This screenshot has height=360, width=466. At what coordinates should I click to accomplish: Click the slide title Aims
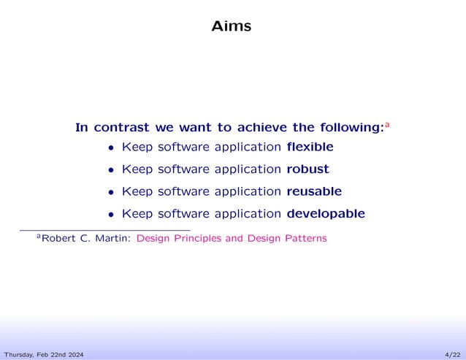(x=231, y=26)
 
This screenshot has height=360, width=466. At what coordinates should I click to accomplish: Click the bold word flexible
(x=310, y=147)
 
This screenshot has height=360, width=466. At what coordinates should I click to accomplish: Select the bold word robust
(x=308, y=169)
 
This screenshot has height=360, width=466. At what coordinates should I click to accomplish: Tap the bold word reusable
(x=314, y=191)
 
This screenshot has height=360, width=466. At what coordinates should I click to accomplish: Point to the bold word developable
(x=326, y=214)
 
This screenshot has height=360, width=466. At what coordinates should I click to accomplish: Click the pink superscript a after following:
(x=387, y=125)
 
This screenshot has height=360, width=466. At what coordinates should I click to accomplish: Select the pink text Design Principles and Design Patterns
(x=232, y=238)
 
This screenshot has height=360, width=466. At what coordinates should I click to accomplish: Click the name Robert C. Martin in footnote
(x=86, y=238)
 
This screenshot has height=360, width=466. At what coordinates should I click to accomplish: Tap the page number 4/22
(x=452, y=354)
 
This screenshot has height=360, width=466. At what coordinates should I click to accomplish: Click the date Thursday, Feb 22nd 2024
(x=42, y=354)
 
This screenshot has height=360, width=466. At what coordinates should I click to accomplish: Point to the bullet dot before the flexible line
(x=111, y=148)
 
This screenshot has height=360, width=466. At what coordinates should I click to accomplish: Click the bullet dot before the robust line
(x=111, y=170)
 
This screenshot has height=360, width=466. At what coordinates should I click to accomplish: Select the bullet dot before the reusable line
(x=111, y=193)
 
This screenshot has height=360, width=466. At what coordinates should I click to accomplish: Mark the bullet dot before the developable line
(x=111, y=215)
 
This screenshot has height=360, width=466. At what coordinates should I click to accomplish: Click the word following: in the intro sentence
(x=350, y=128)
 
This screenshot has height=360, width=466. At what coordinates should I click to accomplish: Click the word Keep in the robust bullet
(x=137, y=169)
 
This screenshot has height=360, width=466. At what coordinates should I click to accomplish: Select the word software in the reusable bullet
(x=180, y=191)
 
